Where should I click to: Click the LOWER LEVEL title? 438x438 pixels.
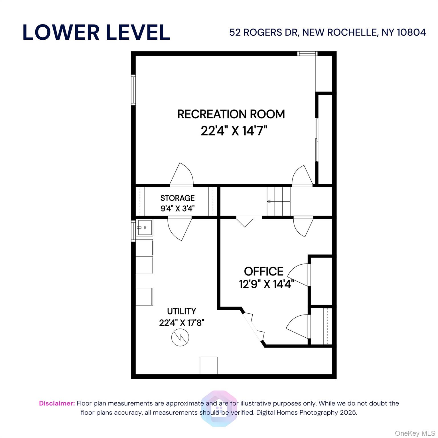pyautogui.click(x=96, y=32)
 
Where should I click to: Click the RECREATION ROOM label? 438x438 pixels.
pyautogui.click(x=231, y=114)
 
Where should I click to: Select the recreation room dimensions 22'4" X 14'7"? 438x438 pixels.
pyautogui.click(x=234, y=131)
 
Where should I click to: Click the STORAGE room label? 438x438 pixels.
pyautogui.click(x=177, y=198)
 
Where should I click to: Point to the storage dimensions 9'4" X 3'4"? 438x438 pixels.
pyautogui.click(x=177, y=208)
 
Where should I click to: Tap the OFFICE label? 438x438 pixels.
pyautogui.click(x=263, y=271)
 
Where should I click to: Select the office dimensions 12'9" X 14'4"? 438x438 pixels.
pyautogui.click(x=266, y=284)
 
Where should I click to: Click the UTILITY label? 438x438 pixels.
pyautogui.click(x=181, y=311)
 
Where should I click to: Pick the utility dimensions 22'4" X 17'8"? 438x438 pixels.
pyautogui.click(x=182, y=323)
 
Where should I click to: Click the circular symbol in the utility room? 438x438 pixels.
pyautogui.click(x=180, y=338)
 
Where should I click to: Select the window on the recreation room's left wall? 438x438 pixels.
pyautogui.click(x=133, y=90)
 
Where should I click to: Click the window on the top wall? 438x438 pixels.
pyautogui.click(x=307, y=54)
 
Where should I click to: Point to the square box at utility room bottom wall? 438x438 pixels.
pyautogui.click(x=208, y=365)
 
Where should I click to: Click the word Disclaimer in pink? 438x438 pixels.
pyautogui.click(x=57, y=403)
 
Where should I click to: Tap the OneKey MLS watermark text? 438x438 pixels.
pyautogui.click(x=415, y=433)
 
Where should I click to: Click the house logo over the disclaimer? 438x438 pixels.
pyautogui.click(x=219, y=408)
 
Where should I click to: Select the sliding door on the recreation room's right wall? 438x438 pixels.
pyautogui.click(x=317, y=140)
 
